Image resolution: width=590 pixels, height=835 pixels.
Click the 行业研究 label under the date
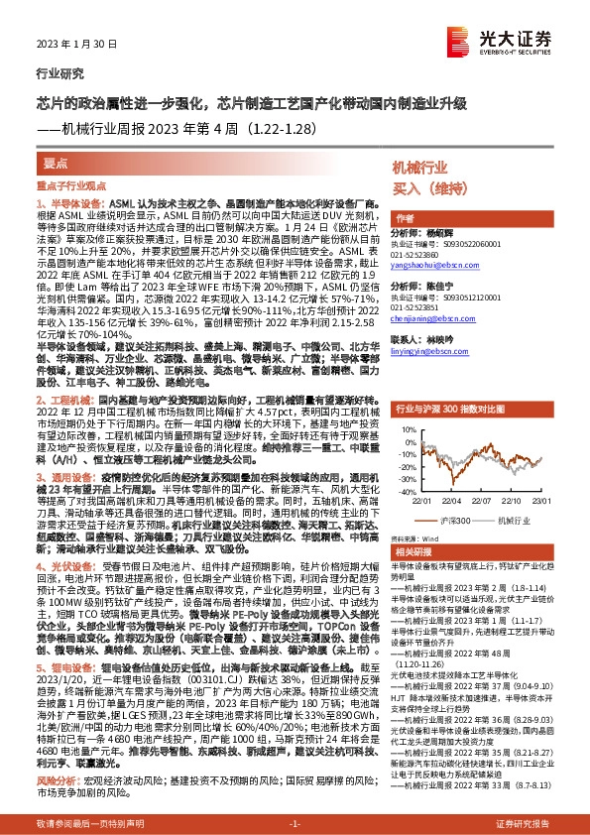click(55, 73)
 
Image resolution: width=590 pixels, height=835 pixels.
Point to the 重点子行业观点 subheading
click(71, 185)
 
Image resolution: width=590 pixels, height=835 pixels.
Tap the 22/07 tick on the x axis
click(484, 500)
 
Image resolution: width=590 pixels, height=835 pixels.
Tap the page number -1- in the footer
click(295, 825)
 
